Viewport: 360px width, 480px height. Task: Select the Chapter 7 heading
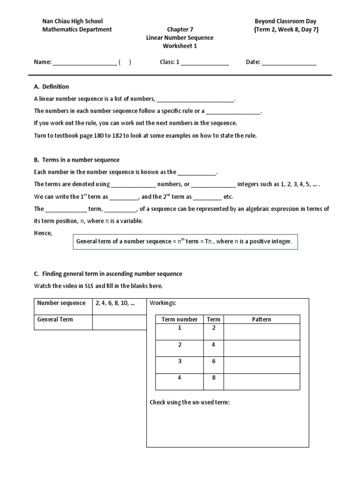pyautogui.click(x=180, y=30)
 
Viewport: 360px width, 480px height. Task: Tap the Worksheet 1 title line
pyautogui.click(x=180, y=46)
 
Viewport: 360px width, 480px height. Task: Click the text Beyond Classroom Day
pyautogui.click(x=285, y=21)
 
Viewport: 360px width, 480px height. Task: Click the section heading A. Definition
pyautogui.click(x=52, y=87)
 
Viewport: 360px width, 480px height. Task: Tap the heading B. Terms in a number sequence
pyautogui.click(x=77, y=160)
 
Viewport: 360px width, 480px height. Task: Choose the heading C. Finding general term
pyautogui.click(x=108, y=274)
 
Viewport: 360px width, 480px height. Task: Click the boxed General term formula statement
pyautogui.click(x=185, y=242)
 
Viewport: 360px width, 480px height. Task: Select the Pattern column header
pyautogui.click(x=262, y=319)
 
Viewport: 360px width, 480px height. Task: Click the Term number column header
pyautogui.click(x=180, y=319)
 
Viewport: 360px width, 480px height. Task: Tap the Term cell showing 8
pyautogui.click(x=214, y=378)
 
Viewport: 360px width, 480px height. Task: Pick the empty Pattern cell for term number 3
pyautogui.click(x=262, y=365)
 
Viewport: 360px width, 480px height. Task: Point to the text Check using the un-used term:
pyautogui.click(x=189, y=402)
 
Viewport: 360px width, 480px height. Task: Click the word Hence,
pyautogui.click(x=44, y=233)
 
